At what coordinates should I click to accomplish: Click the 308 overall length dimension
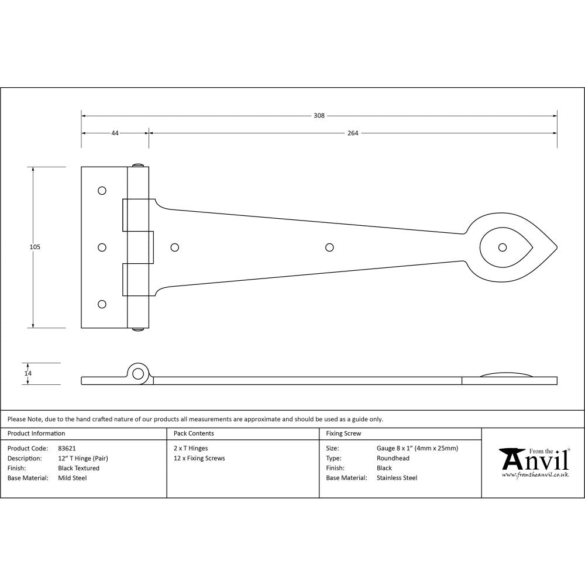point(319,116)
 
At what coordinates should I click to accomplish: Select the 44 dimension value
point(115,133)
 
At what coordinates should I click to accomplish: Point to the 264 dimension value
point(353,133)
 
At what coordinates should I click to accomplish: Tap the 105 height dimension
point(35,247)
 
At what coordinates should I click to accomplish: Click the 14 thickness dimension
point(27,373)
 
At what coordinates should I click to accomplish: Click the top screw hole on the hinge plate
point(102,191)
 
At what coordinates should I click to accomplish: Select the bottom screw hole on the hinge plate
point(102,304)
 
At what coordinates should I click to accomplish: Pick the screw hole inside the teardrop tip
point(502,247)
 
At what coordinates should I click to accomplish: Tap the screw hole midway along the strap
point(329,247)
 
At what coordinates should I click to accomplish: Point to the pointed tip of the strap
point(556,247)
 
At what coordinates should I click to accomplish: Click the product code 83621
point(67,449)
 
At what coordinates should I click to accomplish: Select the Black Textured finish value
point(78,468)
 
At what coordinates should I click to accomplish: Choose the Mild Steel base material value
point(72,478)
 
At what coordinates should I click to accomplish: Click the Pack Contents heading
point(194,433)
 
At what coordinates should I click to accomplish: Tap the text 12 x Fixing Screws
point(199,459)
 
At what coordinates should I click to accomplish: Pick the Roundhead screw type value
point(393,459)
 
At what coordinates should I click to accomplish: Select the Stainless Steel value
point(397,478)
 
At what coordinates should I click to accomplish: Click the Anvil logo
point(534,462)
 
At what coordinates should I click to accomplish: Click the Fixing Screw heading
point(343,433)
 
